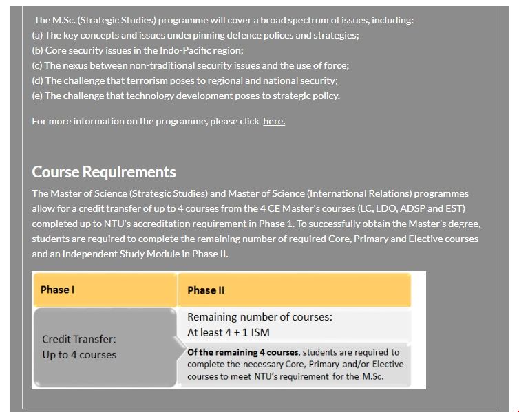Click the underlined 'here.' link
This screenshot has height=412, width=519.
click(x=274, y=121)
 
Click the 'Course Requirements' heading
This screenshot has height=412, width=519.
click(x=104, y=172)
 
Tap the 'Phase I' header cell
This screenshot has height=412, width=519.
click(x=57, y=290)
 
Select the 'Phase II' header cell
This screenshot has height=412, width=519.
click(x=206, y=290)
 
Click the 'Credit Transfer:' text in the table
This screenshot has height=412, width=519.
click(x=79, y=339)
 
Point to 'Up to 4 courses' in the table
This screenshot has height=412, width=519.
click(x=79, y=355)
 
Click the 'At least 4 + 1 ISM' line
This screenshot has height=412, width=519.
click(x=229, y=332)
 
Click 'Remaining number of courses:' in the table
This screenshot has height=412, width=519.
click(x=259, y=317)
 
